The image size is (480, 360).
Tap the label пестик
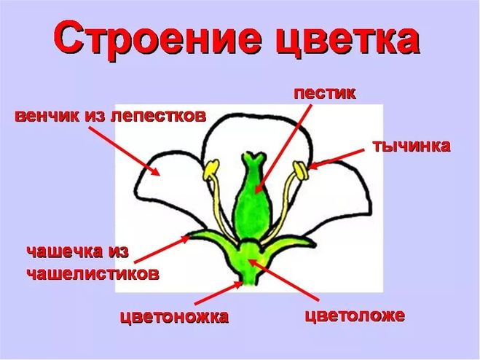click(325, 93)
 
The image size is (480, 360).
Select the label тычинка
click(412, 146)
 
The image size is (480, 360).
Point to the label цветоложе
click(355, 316)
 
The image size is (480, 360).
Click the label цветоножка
click(174, 317)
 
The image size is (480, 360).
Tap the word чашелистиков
click(93, 273)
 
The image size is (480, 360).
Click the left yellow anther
click(211, 169)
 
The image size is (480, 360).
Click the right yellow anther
click(300, 171)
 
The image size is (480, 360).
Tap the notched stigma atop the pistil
click(253, 158)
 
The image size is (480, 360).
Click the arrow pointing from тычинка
click(337, 159)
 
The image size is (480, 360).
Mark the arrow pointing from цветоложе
click(283, 279)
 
